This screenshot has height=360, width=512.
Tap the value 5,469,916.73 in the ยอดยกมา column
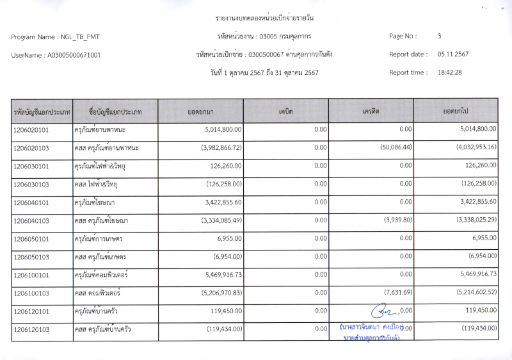[215, 274]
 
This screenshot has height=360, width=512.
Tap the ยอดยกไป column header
[456, 111]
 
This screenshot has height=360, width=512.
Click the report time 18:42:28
[449, 72]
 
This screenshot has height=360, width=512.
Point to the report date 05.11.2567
[453, 54]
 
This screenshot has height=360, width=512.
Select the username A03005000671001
[74, 55]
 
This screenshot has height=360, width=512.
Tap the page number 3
[440, 37]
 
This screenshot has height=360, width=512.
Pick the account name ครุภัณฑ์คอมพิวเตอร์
[101, 274]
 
